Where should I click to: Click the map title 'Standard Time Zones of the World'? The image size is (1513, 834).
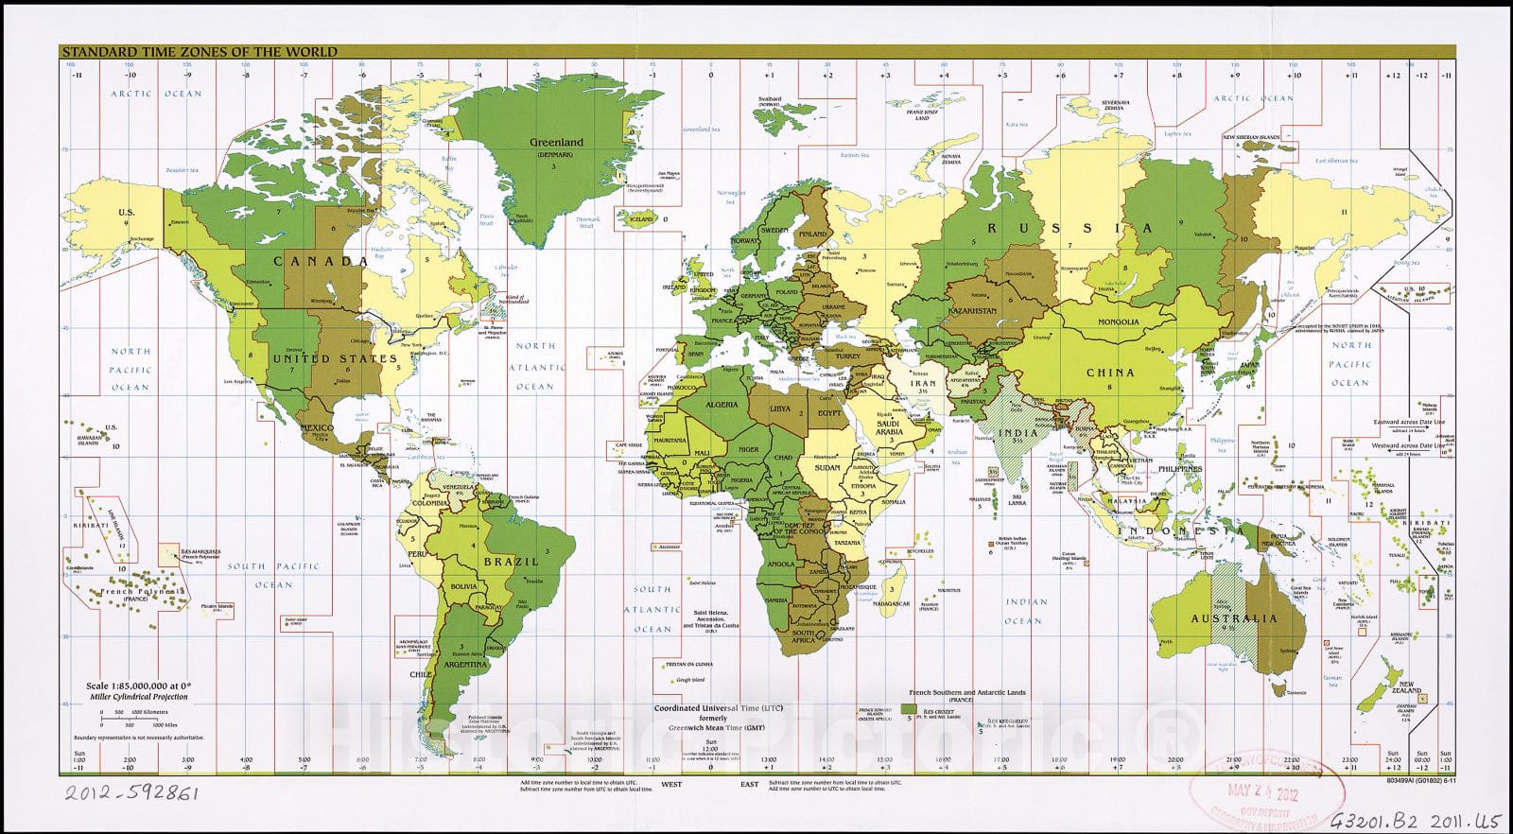[x=199, y=52]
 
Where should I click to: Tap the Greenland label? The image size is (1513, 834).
[x=557, y=142]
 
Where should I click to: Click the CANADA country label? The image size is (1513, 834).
[x=321, y=261]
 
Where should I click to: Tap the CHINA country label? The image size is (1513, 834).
[x=1109, y=373]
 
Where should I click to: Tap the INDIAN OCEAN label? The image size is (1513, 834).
[x=1027, y=611]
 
